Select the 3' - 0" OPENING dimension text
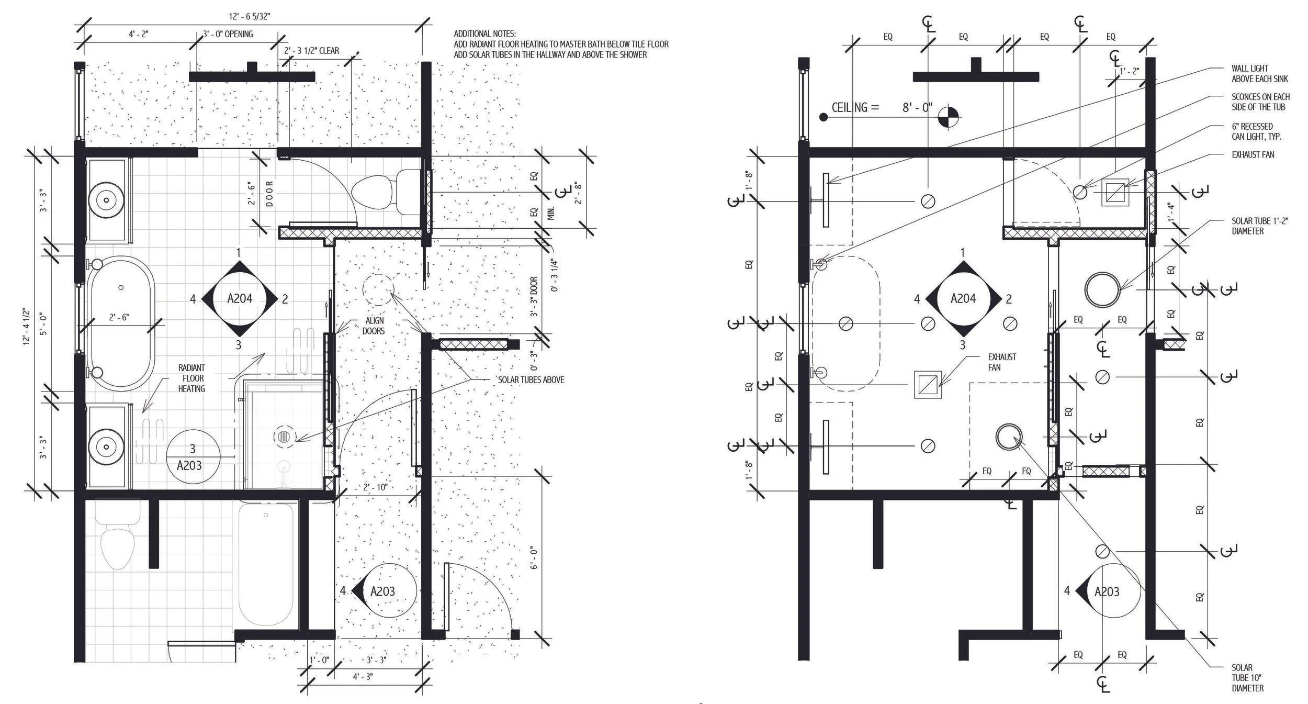pos(228,35)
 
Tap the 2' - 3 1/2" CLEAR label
pos(311,51)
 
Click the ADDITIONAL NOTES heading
pos(484,33)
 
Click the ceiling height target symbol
pos(949,117)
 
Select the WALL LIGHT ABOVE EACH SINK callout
pos(1259,74)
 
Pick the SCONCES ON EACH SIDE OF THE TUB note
pos(1260,102)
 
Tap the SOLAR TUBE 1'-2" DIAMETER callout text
pos(1259,226)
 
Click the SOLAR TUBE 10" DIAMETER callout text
pos(1247,678)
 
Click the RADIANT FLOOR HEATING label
pos(191,378)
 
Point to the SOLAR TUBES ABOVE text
pos(531,380)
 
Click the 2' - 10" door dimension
pos(375,487)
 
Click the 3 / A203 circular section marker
pos(192,457)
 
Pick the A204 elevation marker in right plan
pos(963,298)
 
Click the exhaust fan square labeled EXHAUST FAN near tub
pos(927,385)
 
